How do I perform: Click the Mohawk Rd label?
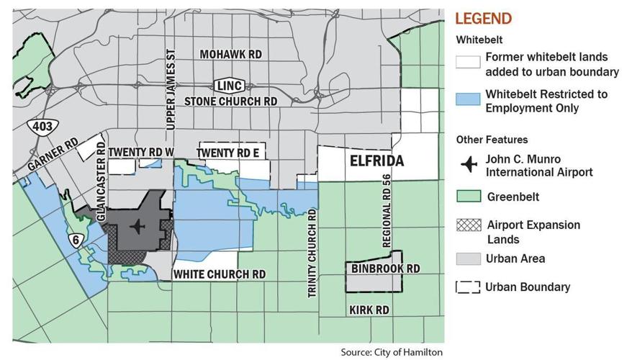pos(230,55)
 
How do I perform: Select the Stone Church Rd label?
pos(230,102)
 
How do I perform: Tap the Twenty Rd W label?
pos(141,152)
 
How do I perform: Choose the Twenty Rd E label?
pos(227,152)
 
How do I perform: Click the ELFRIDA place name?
pos(376,161)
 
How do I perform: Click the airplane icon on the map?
pos(136,228)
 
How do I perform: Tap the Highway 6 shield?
pos(75,240)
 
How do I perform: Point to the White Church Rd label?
pos(218,274)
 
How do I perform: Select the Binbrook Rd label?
pos(385,269)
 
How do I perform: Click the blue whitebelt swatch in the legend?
pos(468,100)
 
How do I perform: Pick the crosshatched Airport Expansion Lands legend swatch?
pos(468,224)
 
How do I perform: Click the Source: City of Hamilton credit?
pos(392,352)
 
